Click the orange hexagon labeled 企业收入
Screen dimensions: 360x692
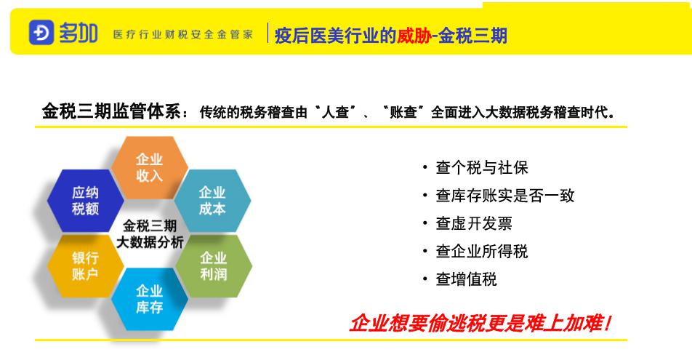[x=149, y=167]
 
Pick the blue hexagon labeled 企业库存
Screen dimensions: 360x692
[x=149, y=299]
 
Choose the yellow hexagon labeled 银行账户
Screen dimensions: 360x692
[x=86, y=266]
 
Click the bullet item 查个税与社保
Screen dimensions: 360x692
[x=481, y=168]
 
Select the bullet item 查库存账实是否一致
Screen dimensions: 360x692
[x=504, y=196]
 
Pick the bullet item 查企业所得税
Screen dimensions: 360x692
[x=481, y=252]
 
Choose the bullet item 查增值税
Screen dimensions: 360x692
[x=466, y=279]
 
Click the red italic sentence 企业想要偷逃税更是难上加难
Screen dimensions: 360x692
[x=480, y=323]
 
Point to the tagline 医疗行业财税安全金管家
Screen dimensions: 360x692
[x=182, y=34]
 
